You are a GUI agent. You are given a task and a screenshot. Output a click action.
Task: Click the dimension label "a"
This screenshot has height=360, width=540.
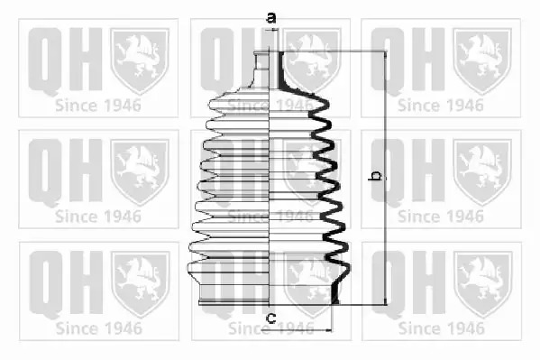point(271,17)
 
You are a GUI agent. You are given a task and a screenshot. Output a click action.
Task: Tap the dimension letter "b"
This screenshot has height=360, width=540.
point(375,175)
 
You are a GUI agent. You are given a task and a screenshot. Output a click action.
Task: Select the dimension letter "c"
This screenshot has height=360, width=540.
point(271,318)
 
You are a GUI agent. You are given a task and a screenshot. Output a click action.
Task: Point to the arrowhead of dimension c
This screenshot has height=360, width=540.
point(328,330)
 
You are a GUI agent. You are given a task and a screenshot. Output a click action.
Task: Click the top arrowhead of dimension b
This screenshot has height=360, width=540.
point(385,54)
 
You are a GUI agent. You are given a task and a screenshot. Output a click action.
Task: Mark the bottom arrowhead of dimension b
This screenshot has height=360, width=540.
point(385,301)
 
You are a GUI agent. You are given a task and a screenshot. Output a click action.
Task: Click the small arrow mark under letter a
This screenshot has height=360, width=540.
point(274,31)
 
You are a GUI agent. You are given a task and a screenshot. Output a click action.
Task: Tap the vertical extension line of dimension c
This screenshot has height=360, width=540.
point(333,318)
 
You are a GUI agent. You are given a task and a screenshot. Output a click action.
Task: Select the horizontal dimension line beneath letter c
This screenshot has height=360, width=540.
point(297,330)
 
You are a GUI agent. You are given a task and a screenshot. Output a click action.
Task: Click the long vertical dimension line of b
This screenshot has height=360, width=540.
point(385,178)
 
